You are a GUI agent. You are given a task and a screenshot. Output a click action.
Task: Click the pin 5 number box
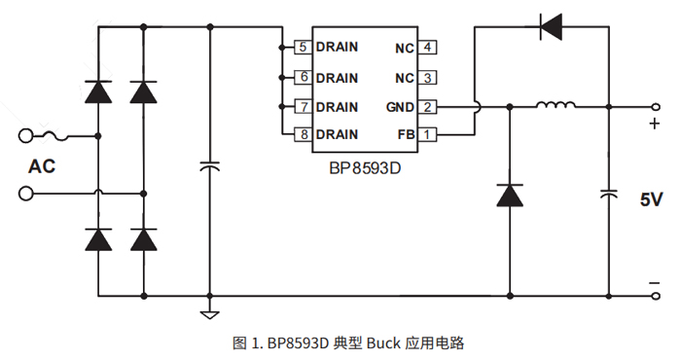(303, 47)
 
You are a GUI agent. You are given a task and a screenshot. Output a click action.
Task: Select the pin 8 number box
(303, 134)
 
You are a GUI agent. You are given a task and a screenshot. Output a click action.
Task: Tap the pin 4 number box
(428, 47)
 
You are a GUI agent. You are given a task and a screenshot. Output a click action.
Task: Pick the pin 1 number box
(428, 134)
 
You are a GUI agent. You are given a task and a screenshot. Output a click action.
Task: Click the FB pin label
(405, 134)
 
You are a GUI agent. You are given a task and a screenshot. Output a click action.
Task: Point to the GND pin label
(399, 106)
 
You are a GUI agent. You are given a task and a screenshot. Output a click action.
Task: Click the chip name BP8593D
(364, 167)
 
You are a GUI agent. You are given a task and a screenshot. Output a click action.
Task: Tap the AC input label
(42, 166)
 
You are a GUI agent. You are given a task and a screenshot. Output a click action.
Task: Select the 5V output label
(651, 199)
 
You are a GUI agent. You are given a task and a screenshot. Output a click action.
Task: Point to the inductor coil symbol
(556, 106)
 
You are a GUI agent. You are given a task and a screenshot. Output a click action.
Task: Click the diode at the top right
(552, 27)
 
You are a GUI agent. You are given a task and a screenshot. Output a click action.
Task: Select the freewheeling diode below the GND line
(509, 196)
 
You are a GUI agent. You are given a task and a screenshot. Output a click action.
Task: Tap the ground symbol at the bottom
(208, 312)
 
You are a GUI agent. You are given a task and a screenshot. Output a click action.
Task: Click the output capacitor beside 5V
(609, 196)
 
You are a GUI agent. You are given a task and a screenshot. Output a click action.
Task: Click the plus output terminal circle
(654, 106)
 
